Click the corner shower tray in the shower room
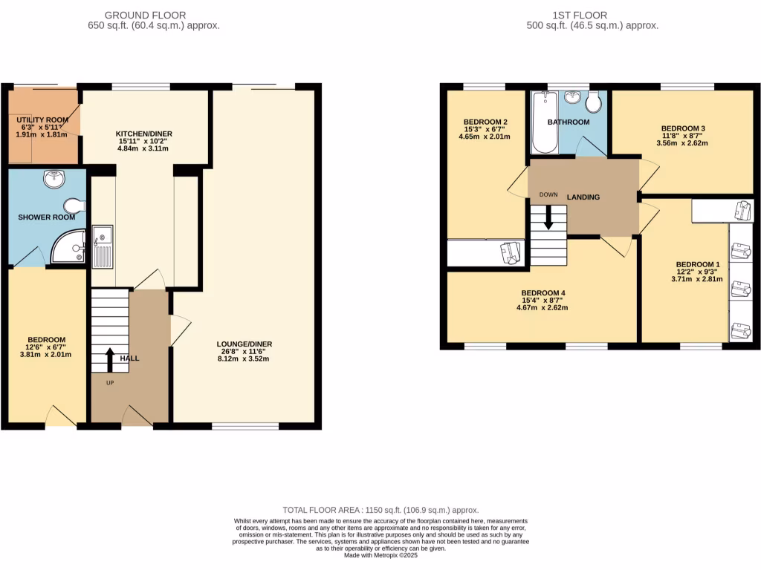coord(69,248)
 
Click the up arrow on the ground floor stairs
coord(109,360)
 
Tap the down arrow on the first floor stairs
coord(548,216)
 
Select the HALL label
coord(129,358)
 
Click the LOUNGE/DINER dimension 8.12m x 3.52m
coord(244,359)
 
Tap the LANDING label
coord(583,197)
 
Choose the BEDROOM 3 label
coord(683,128)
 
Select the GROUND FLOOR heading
coord(145,15)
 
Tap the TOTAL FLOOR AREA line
coord(380,510)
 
